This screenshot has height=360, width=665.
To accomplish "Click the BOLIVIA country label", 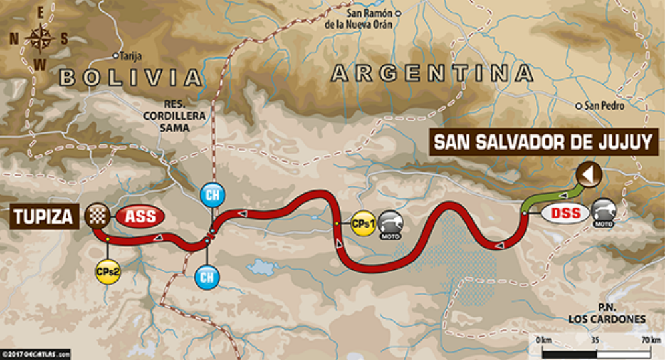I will pyautogui.click(x=130, y=77).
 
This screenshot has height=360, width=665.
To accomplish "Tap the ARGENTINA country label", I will pyautogui.click(x=432, y=73).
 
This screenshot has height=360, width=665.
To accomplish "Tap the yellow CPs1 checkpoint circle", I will pyautogui.click(x=363, y=223).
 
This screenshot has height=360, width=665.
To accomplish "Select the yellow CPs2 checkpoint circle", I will pyautogui.click(x=108, y=271).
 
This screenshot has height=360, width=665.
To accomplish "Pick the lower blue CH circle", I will pyautogui.click(x=207, y=276).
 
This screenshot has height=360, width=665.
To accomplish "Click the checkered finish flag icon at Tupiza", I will pyautogui.click(x=96, y=214).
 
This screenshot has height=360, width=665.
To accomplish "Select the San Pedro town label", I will pyautogui.click(x=602, y=106).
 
